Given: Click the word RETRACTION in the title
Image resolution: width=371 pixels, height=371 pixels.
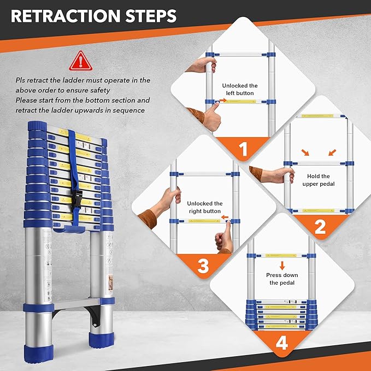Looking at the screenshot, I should tap(61, 16).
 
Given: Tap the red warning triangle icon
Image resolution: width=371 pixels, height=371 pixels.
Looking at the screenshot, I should tap(80, 61).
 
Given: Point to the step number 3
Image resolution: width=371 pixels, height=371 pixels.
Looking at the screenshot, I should tap(203, 266).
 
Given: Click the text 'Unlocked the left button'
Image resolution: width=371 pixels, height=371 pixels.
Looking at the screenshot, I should tap(239, 89).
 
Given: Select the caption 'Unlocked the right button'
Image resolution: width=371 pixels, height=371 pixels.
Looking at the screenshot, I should tap(205, 207).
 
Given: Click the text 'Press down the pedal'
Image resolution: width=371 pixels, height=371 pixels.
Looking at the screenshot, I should tap(281, 279).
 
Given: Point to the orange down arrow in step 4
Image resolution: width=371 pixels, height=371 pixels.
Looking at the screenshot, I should tap(281, 266).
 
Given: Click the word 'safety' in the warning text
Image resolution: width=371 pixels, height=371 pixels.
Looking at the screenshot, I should tap(100, 90).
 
